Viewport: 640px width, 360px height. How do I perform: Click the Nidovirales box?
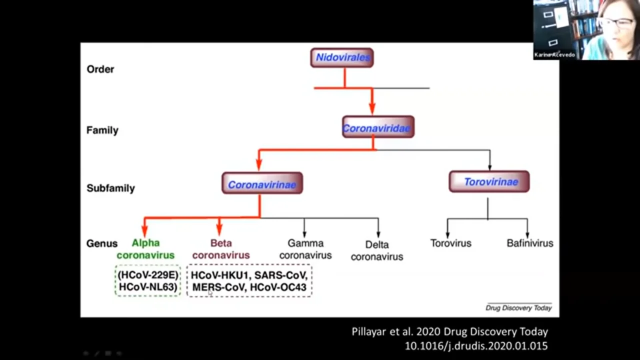click(x=342, y=57)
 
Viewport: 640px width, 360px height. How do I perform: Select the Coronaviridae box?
click(x=378, y=127)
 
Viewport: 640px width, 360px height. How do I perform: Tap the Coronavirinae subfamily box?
click(x=262, y=184)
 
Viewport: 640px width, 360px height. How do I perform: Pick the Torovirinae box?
click(x=489, y=181)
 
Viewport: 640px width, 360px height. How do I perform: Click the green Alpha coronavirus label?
click(x=145, y=249)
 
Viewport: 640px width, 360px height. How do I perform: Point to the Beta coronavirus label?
click(x=221, y=249)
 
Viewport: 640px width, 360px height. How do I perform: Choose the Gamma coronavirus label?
click(x=305, y=249)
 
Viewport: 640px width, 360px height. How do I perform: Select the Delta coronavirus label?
click(x=376, y=250)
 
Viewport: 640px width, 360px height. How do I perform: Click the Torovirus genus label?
click(x=450, y=243)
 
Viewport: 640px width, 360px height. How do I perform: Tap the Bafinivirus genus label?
click(x=529, y=243)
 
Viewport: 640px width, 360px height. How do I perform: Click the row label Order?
click(x=100, y=69)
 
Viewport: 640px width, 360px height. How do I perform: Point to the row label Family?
click(x=102, y=130)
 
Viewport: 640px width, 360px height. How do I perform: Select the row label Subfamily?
click(x=110, y=188)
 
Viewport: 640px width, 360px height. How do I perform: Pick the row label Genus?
click(x=102, y=243)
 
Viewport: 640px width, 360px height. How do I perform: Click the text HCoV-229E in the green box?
click(x=148, y=275)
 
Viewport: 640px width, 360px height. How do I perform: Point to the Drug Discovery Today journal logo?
click(x=518, y=307)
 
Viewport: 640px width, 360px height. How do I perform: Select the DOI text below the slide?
click(x=476, y=345)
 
